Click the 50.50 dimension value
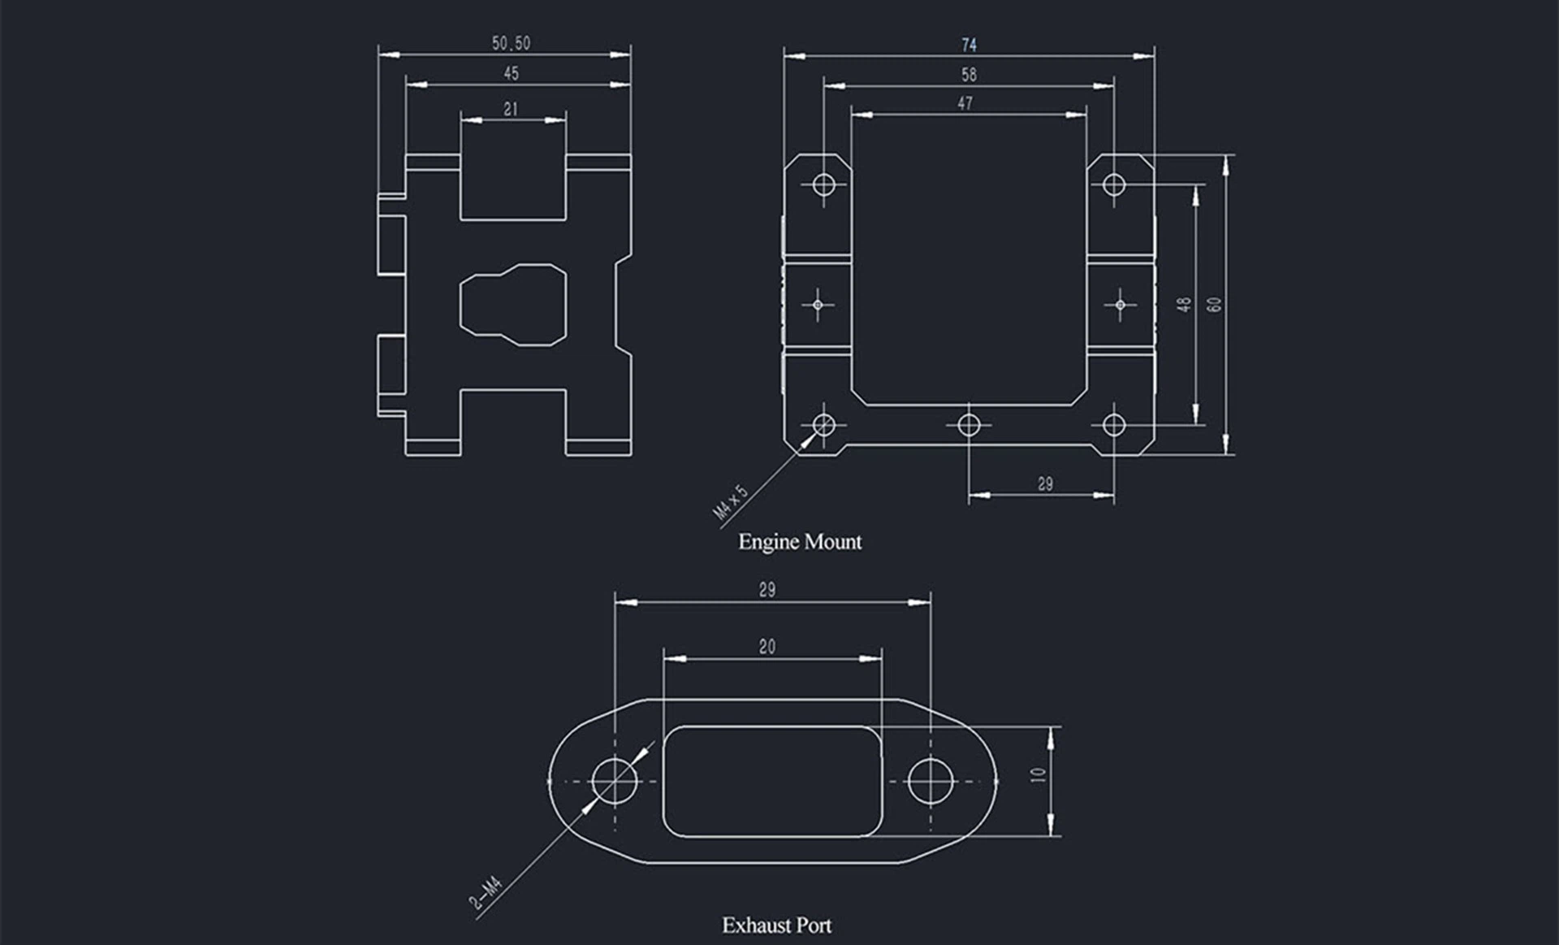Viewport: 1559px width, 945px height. pyautogui.click(x=511, y=43)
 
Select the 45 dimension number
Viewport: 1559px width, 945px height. pyautogui.click(x=511, y=73)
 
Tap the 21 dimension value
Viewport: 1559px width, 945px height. pyautogui.click(x=511, y=109)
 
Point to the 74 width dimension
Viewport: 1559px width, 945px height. pyautogui.click(x=969, y=45)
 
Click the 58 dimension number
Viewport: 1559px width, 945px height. pyautogui.click(x=969, y=75)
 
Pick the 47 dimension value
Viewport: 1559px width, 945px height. pyautogui.click(x=965, y=103)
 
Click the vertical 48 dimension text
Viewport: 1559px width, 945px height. pyautogui.click(x=1185, y=304)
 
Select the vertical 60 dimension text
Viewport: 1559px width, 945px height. pyautogui.click(x=1214, y=305)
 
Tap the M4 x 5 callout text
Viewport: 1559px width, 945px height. pyautogui.click(x=730, y=502)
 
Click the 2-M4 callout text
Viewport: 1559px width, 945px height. pyautogui.click(x=486, y=893)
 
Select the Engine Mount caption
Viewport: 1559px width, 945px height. pyautogui.click(x=800, y=542)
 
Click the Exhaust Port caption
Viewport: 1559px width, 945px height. pyautogui.click(x=777, y=925)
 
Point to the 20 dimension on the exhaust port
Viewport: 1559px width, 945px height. pyautogui.click(x=767, y=647)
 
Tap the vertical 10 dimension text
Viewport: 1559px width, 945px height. pyautogui.click(x=1039, y=775)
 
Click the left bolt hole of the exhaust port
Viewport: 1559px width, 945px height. pyautogui.click(x=615, y=781)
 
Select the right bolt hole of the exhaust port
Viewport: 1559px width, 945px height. pyautogui.click(x=931, y=781)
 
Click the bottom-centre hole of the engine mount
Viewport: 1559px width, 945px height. pyautogui.click(x=969, y=424)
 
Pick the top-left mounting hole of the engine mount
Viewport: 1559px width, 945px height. pyautogui.click(x=823, y=184)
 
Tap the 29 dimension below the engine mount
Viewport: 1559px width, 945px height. pyautogui.click(x=1045, y=484)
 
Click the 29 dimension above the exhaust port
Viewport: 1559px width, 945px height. pyautogui.click(x=767, y=590)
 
